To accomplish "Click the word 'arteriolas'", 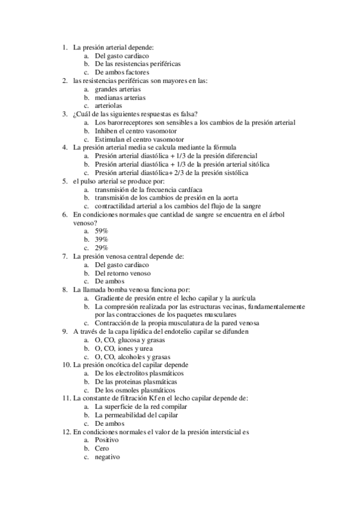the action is [108, 105].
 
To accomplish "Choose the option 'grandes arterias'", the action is [118, 88].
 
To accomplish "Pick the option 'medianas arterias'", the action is [120, 97].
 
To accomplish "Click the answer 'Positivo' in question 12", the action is [108, 440].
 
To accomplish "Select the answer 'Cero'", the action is [102, 448].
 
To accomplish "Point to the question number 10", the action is [66, 364].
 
